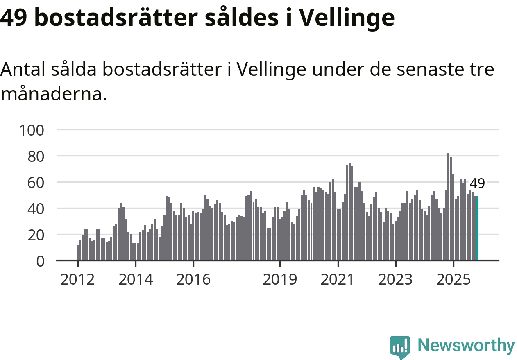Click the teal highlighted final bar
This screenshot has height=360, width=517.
point(477,228)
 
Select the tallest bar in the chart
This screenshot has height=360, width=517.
point(448,206)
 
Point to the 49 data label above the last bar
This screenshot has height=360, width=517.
point(477,183)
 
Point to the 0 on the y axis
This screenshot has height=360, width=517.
point(40,261)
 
